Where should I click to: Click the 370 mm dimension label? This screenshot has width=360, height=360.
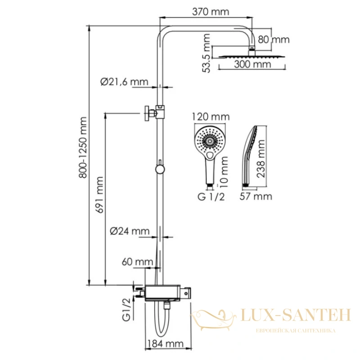pyautogui.click(x=210, y=12)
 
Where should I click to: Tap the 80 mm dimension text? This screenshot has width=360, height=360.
pyautogui.click(x=274, y=40)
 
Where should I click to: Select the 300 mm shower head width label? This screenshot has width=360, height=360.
pyautogui.click(x=252, y=64)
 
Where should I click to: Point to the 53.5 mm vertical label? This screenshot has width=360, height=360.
pyautogui.click(x=207, y=53)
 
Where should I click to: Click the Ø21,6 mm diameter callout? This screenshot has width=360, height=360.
pyautogui.click(x=124, y=82)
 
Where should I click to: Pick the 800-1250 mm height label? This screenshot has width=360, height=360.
pyautogui.click(x=83, y=148)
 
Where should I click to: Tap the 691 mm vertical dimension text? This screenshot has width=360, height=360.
pyautogui.click(x=100, y=195)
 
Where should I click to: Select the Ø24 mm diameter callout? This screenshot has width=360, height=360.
pyautogui.click(x=130, y=231)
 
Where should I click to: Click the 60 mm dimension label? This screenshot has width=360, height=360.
pyautogui.click(x=137, y=262)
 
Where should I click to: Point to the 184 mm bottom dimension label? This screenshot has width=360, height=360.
pyautogui.click(x=165, y=344)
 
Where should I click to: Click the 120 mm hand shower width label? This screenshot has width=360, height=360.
pyautogui.click(x=211, y=117)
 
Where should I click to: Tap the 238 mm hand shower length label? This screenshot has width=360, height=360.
pyautogui.click(x=261, y=159)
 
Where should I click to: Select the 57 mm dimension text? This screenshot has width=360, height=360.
pyautogui.click(x=256, y=197)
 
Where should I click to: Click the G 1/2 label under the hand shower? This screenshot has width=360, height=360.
pyautogui.click(x=211, y=197)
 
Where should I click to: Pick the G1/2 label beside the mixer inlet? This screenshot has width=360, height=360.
pyautogui.click(x=126, y=309)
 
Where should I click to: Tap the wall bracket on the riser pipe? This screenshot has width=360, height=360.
pyautogui.click(x=152, y=113)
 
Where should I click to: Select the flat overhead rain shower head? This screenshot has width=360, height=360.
pyautogui.click(x=252, y=56)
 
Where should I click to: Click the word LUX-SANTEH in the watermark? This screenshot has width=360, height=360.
pyautogui.click(x=296, y=315)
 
